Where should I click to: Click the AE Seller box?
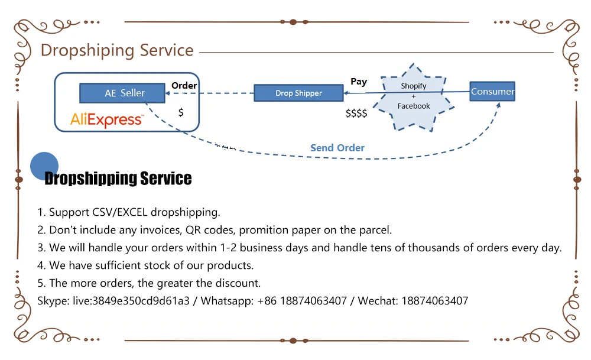coord(122,93)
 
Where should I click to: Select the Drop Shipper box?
coord(298,93)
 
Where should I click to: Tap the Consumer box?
coord(492,91)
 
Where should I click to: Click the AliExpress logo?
coord(107,119)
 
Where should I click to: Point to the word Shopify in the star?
coord(414,86)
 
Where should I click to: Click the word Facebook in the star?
coord(414,106)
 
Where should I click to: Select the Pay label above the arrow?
coord(359,82)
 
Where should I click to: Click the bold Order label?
coord(184,86)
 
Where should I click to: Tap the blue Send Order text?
coord(337,148)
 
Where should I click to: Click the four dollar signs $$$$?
coord(356,113)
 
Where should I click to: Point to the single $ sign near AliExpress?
coord(181,112)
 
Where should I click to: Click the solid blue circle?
coord(44,166)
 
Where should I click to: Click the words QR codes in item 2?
coord(209,230)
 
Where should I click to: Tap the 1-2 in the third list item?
coord(228,248)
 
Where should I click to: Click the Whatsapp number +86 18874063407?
coord(302,301)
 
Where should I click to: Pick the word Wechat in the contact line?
coord(378,301)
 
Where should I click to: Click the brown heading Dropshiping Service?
coord(117,50)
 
